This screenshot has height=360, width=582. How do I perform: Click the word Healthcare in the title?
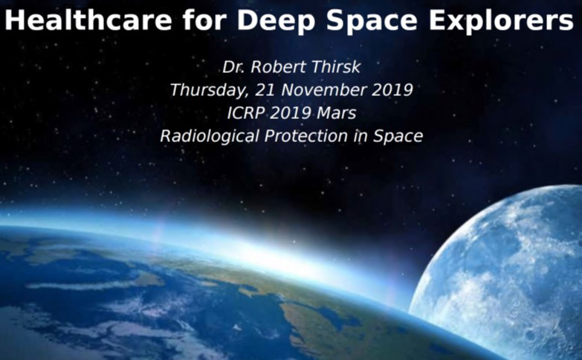88,19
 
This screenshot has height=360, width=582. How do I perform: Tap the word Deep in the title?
277,21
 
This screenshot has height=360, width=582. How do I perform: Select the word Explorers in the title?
501,21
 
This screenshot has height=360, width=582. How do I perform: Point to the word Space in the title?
372,21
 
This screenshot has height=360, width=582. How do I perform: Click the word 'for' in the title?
204,19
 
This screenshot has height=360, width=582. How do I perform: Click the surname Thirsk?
336,67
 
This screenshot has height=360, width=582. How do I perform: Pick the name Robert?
279,67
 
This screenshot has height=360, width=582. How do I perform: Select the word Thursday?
210,90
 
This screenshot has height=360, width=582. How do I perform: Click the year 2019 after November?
392,90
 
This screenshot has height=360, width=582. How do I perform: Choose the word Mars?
337,113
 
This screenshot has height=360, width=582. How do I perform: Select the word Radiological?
210,136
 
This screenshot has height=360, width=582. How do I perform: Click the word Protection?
306,136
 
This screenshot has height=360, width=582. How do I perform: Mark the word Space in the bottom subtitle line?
398,137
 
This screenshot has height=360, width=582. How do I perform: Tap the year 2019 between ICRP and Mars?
291,113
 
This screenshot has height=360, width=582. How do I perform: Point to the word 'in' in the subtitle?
360,136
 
